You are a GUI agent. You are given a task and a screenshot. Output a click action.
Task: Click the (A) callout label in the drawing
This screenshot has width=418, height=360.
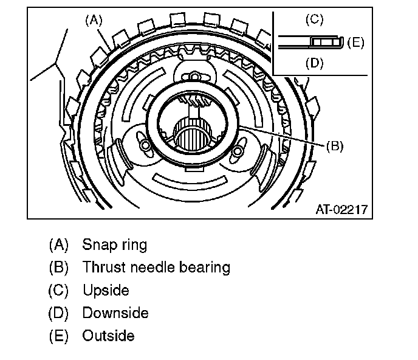92,19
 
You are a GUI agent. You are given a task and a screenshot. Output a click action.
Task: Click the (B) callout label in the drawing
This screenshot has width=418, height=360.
335,146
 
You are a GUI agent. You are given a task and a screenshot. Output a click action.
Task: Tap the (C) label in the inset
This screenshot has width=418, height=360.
314,19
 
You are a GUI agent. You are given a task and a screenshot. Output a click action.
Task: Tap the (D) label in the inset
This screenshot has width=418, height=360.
314,63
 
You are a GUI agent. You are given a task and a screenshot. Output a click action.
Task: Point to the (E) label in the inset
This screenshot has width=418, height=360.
357,42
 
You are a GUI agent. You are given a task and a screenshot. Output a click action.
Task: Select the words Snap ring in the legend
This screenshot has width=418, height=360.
115,245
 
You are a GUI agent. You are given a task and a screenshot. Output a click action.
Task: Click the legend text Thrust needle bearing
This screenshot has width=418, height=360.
156,267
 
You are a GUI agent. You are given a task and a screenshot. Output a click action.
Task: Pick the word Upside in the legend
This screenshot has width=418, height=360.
106,290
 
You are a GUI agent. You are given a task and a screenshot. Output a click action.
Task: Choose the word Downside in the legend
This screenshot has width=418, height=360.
115,313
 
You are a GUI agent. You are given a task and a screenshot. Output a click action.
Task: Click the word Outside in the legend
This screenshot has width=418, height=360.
108,336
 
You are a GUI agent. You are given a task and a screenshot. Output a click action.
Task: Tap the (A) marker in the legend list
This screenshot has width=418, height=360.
59,245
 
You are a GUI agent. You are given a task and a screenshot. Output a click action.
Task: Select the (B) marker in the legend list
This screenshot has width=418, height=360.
59,267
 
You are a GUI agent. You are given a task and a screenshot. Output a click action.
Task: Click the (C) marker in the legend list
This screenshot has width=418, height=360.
59,290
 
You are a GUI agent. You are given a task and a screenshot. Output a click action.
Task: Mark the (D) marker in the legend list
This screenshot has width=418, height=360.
59,313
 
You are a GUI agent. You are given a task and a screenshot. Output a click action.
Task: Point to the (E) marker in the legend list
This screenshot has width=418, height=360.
59,336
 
